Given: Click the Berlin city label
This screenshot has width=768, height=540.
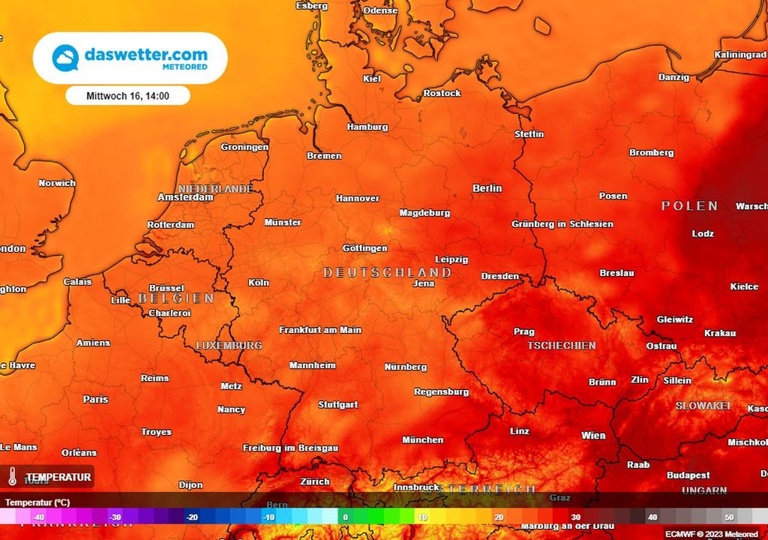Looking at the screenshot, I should [x=487, y=188].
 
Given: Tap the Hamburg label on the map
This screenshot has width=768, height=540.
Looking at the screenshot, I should [x=367, y=127].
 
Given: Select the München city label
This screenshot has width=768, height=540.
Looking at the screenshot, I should [x=422, y=440].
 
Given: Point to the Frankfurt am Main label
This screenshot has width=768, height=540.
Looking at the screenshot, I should [x=320, y=330].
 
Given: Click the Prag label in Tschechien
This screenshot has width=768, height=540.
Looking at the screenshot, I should [x=523, y=331].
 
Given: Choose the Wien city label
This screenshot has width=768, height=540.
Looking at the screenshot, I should [x=593, y=436].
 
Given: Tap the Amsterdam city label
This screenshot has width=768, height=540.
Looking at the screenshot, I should [x=185, y=197].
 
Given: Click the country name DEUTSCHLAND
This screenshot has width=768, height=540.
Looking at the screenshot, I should [x=387, y=272].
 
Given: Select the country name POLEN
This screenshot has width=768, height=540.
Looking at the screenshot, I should [x=689, y=205].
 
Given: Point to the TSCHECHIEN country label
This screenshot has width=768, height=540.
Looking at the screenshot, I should [x=561, y=346].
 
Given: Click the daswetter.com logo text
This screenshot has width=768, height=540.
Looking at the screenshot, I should [x=145, y=55].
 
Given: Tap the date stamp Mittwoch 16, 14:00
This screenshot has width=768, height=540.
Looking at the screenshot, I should [x=127, y=96].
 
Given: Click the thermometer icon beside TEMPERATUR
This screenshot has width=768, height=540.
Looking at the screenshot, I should [x=13, y=476].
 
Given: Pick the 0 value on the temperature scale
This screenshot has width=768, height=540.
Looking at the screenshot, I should [x=345, y=517].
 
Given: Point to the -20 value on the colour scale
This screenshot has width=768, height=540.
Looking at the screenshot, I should [x=192, y=517].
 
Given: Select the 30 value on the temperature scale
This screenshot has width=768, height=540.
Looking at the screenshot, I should [x=575, y=517].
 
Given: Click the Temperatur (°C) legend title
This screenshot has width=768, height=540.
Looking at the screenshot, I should [x=37, y=502].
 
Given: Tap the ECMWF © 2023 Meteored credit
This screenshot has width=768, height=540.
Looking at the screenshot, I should [x=711, y=534].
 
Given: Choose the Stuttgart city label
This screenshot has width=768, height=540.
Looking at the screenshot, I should [x=337, y=404].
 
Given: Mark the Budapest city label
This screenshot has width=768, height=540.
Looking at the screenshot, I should [x=688, y=475].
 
